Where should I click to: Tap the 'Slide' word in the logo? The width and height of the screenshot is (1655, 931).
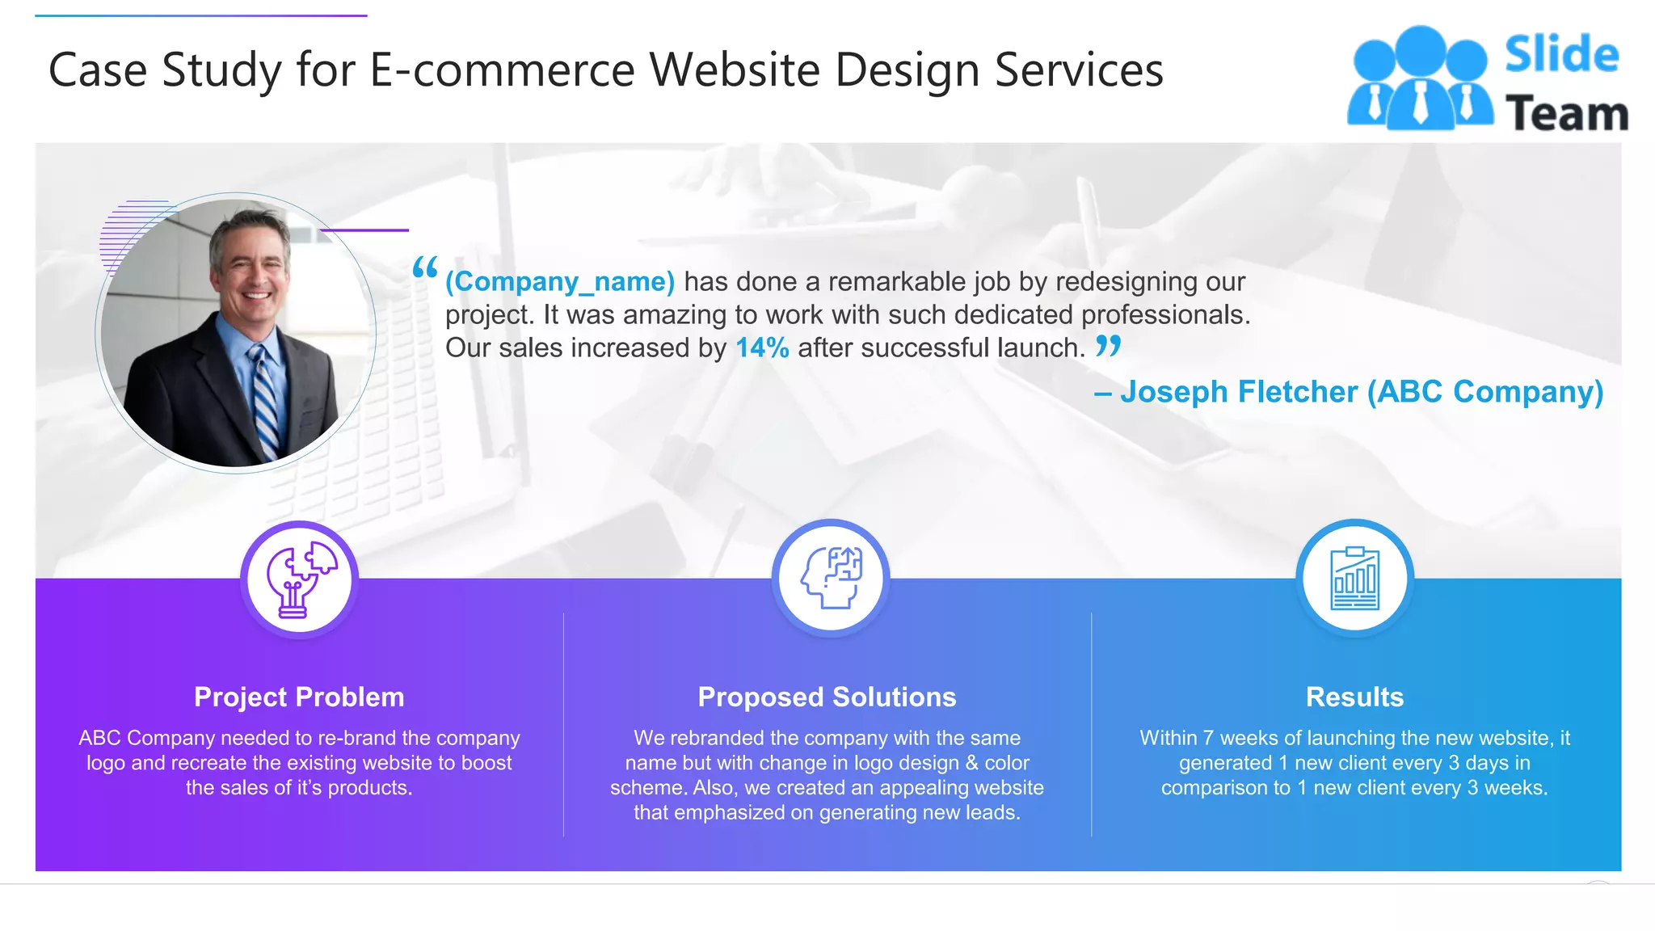(x=1561, y=54)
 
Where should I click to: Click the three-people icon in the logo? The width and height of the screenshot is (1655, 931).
(x=1419, y=78)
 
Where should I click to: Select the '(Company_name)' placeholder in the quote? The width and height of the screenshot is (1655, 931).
(x=559, y=281)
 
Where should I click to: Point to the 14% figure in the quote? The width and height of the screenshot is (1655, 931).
(x=761, y=348)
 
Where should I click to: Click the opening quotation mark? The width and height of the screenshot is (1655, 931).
(x=425, y=268)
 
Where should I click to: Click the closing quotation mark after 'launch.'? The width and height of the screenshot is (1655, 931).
(x=1108, y=346)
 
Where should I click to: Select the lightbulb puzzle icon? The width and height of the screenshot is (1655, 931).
(x=300, y=579)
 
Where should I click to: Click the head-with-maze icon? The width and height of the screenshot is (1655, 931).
(x=831, y=578)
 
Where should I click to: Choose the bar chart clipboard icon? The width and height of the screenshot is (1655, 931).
(x=1354, y=579)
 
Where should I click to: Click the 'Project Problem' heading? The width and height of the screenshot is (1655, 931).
(x=299, y=697)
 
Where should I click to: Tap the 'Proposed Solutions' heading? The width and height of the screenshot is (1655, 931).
(x=827, y=697)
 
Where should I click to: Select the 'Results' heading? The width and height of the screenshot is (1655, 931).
(x=1354, y=697)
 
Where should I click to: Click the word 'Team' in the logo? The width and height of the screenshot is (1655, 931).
(x=1566, y=113)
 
